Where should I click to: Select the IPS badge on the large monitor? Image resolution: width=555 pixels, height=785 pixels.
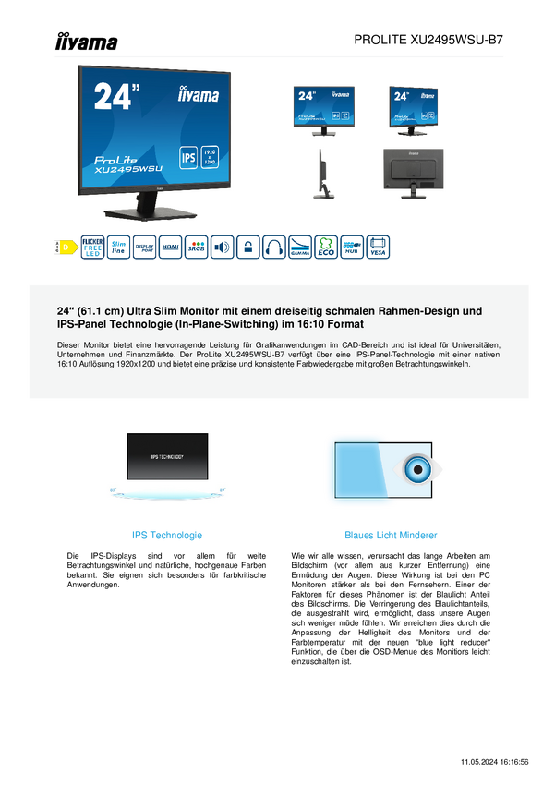click(x=188, y=158)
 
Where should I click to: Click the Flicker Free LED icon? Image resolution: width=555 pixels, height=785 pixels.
click(x=92, y=248)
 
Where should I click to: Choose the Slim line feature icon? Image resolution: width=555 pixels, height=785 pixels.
click(x=118, y=248)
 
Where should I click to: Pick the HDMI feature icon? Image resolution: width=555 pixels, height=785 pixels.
click(x=171, y=248)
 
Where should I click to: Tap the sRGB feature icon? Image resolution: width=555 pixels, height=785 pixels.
click(x=197, y=248)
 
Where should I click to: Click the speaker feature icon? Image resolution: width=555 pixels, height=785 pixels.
click(x=223, y=248)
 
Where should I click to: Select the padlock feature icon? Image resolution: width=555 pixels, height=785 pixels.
click(x=247, y=248)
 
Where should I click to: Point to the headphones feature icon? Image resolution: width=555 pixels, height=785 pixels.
click(x=274, y=248)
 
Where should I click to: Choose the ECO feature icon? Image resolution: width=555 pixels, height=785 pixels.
click(x=326, y=248)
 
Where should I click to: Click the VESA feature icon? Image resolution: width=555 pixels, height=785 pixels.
click(x=378, y=248)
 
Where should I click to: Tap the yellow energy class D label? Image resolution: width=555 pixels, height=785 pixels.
click(x=65, y=248)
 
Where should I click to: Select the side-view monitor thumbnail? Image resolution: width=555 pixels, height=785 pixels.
click(x=323, y=174)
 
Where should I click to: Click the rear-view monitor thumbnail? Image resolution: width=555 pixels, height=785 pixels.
click(x=413, y=174)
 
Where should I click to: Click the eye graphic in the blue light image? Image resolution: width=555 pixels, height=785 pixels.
click(x=417, y=469)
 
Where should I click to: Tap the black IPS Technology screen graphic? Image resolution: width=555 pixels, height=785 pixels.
click(x=167, y=456)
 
